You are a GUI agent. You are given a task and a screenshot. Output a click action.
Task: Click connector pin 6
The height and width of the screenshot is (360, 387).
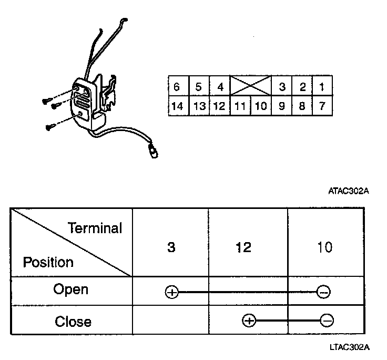177,86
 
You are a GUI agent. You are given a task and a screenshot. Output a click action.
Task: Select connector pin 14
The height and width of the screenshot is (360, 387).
177,106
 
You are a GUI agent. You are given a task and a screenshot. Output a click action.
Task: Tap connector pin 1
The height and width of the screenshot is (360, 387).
322,86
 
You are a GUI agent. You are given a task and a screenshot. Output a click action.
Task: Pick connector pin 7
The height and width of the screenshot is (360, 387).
322,106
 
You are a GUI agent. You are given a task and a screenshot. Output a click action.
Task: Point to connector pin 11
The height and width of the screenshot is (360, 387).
240,106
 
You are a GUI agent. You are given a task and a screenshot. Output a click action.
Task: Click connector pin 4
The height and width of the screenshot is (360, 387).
220,86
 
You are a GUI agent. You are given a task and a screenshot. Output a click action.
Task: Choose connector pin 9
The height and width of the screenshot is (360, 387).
282,106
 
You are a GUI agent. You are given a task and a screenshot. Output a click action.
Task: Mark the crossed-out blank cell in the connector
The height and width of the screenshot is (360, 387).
250,85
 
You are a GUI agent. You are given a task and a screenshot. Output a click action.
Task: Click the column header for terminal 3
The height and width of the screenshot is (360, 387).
170,247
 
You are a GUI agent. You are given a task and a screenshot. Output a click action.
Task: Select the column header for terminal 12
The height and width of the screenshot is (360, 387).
244,247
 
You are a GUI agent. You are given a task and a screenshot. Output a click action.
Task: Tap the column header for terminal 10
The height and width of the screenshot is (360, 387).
325,247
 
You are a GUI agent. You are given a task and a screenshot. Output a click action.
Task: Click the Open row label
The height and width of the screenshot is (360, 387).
71,289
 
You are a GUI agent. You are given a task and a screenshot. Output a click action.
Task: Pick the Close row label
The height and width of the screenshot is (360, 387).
73,321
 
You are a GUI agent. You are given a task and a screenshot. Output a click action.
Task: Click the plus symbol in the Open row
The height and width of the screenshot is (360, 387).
171,292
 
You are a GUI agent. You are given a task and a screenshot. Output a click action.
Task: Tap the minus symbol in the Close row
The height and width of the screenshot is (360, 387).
327,320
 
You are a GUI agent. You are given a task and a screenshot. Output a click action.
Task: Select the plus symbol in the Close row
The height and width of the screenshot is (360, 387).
248,320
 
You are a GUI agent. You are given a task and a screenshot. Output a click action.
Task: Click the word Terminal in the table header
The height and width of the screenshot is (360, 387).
95,228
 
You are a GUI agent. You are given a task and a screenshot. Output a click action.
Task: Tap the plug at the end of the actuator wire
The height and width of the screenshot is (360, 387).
153,151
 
